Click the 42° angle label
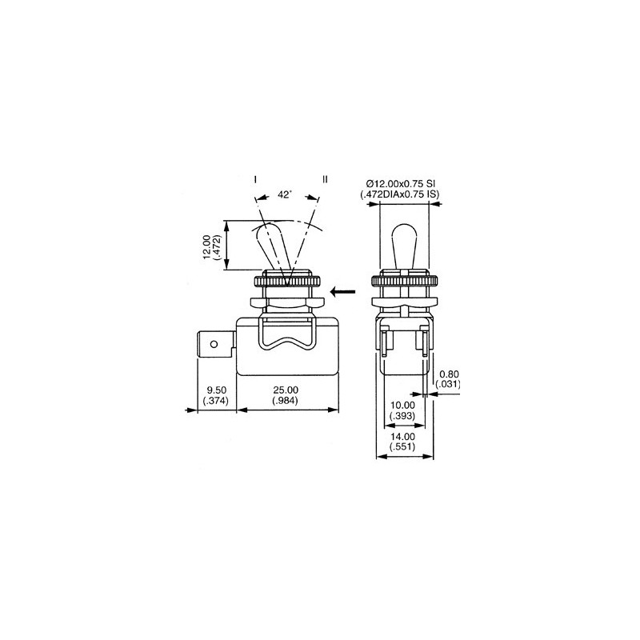(285, 194)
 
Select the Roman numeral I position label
(255, 179)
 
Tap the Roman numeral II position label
(325, 179)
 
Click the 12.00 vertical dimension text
(206, 246)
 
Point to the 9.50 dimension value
(216, 390)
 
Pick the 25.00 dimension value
(286, 390)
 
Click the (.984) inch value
(286, 401)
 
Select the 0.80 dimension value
(449, 374)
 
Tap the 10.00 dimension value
(402, 406)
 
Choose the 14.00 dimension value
(402, 436)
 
